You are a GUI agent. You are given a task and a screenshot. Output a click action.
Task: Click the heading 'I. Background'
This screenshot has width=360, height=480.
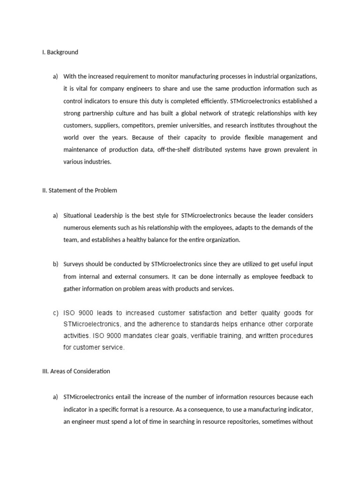point(60,52)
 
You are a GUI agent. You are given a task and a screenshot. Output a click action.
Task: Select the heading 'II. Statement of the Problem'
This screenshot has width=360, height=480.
point(80,190)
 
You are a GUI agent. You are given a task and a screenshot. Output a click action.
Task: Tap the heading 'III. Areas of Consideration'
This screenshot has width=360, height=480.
point(76,371)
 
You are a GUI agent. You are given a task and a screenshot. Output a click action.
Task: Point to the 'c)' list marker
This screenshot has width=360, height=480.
point(56,313)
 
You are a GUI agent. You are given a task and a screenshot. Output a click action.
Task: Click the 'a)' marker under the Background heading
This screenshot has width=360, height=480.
point(56,76)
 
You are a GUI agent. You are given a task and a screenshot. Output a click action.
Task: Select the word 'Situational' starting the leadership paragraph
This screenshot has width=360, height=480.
point(78,216)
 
